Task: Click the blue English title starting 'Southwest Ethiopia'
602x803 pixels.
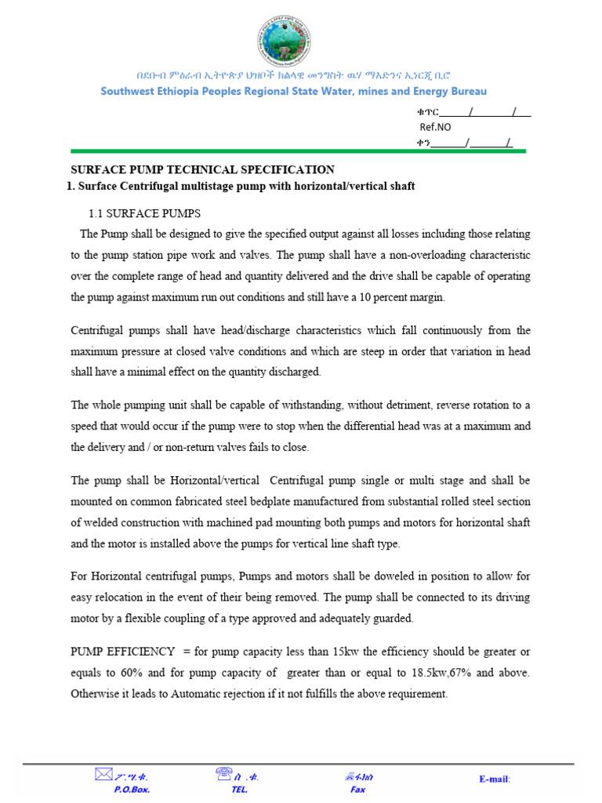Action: [294, 92]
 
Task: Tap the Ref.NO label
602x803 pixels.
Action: [436, 127]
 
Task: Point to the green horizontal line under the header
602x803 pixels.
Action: [298, 151]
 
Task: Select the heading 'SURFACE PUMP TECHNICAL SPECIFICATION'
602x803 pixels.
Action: [203, 169]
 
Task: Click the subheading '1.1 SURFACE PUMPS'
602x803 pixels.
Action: [143, 213]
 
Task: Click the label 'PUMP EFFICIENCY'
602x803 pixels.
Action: [123, 652]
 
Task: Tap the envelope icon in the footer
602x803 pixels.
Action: [103, 775]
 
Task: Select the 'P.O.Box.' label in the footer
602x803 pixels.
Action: [132, 790]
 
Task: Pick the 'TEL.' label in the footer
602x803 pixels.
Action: [239, 790]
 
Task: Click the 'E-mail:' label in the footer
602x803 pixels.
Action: [495, 779]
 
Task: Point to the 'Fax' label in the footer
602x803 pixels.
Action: [357, 790]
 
